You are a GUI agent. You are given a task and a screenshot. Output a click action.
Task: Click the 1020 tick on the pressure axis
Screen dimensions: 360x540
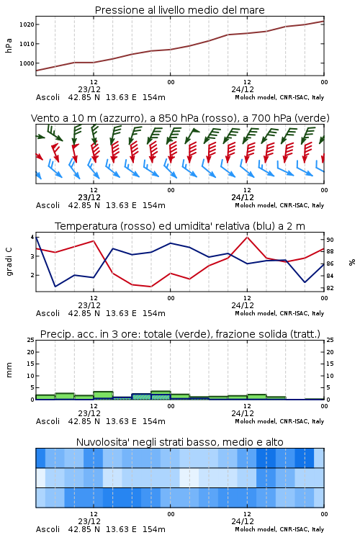coord(27,24)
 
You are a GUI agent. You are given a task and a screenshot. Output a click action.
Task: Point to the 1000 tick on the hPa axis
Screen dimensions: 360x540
coord(27,63)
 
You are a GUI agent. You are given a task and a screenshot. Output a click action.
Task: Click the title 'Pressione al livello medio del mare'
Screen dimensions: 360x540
coord(180,10)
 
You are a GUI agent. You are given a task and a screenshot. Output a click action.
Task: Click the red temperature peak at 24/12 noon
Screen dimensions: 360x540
coord(248,237)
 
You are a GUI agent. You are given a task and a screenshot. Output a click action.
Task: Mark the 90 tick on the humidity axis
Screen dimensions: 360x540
coord(330,240)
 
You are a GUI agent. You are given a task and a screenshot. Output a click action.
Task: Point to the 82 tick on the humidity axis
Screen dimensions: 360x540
coord(330,288)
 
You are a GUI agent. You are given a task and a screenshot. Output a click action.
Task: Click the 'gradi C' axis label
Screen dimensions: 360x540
coord(9,262)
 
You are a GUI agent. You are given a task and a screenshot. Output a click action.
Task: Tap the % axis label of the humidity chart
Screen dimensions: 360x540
coord(352,262)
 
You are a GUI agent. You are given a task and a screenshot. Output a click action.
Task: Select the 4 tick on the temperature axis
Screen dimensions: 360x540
coord(32,237)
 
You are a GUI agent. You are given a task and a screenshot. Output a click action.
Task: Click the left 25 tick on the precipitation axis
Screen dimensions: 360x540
coord(31,340)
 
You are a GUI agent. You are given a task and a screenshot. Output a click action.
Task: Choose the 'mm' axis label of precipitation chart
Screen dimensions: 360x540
coord(9,370)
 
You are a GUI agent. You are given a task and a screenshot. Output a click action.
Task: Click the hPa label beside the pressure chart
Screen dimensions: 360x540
coord(9,45)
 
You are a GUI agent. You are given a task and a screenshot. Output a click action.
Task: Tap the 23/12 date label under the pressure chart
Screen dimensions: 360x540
coord(89,89)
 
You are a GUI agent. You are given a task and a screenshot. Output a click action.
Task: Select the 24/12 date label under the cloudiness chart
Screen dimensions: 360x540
coord(243,521)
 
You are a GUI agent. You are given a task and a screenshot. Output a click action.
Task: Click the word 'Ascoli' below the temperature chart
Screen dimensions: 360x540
coord(48,313)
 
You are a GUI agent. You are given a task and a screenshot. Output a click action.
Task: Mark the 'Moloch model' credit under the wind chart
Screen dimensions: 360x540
coord(256,206)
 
